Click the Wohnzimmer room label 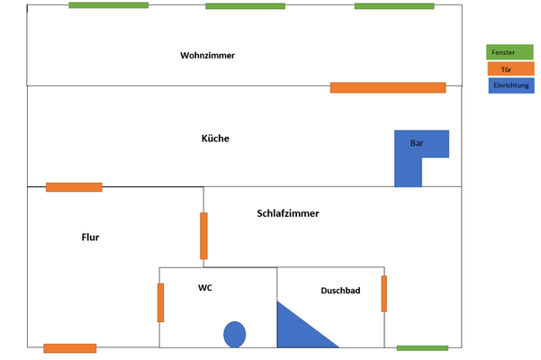click(x=207, y=56)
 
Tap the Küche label click(x=215, y=139)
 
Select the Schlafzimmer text click(x=288, y=214)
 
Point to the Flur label click(x=90, y=238)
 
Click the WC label click(x=205, y=288)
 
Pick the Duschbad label click(x=340, y=291)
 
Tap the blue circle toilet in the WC click(x=235, y=334)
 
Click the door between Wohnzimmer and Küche click(x=388, y=87)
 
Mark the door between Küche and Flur click(x=74, y=187)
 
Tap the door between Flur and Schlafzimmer click(x=203, y=235)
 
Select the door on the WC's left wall click(x=160, y=302)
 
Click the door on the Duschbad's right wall click(x=384, y=293)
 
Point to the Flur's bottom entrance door click(x=69, y=348)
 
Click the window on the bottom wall click(x=422, y=347)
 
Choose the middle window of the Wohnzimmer click(x=245, y=6)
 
